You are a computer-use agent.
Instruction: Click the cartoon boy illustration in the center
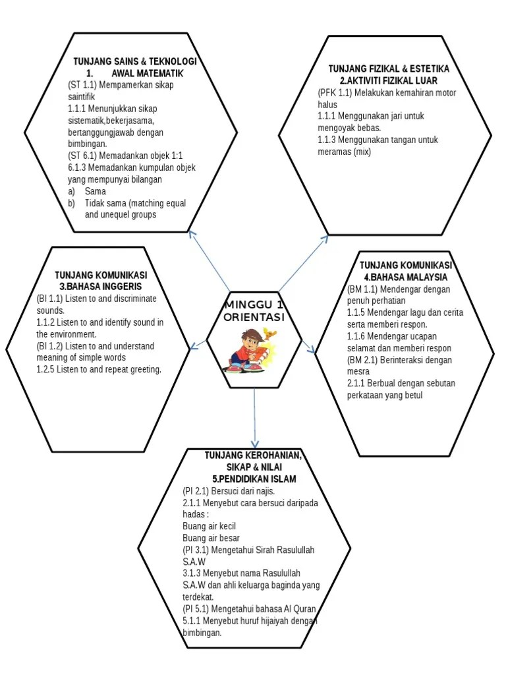click(250, 351)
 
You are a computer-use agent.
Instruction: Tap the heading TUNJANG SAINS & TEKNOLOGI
click(134, 61)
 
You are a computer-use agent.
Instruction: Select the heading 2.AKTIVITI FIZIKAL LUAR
click(389, 80)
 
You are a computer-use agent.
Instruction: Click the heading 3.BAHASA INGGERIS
click(101, 286)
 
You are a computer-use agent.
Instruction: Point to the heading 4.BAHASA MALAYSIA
click(406, 277)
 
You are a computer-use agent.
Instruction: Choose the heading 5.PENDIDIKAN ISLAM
click(254, 479)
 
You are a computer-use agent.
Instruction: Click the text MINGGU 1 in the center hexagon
click(254, 305)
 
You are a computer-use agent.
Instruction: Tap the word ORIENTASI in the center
click(254, 317)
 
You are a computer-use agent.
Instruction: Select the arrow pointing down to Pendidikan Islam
click(255, 417)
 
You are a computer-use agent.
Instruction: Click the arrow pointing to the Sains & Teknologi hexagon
click(209, 261)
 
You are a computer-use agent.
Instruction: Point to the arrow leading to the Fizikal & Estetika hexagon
click(303, 264)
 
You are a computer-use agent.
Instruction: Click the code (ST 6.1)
click(82, 156)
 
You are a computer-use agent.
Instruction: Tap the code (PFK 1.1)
click(335, 92)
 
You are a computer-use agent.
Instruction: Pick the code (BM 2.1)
click(362, 360)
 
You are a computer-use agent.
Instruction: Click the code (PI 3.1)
click(196, 550)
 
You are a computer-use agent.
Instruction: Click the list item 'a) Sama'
click(87, 191)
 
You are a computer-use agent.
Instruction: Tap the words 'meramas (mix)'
click(344, 152)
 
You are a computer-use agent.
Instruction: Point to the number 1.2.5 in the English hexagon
click(45, 369)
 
